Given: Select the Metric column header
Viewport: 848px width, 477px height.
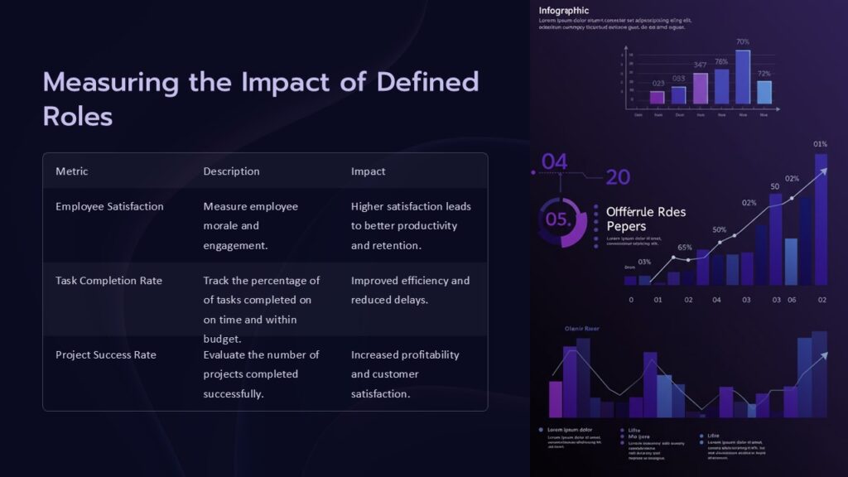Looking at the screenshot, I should [71, 171].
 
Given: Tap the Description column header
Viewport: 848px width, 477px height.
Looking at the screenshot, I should [231, 171].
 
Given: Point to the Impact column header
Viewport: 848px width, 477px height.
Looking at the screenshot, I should [368, 171].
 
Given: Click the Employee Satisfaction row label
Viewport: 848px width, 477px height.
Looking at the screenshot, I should [109, 206].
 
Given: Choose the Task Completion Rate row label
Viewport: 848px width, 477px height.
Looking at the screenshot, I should [108, 281].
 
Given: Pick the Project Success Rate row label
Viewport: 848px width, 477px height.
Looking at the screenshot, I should [105, 355].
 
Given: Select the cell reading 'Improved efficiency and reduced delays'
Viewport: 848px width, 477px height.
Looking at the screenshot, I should [410, 290].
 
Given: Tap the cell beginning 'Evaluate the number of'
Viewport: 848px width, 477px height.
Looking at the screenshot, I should [261, 373].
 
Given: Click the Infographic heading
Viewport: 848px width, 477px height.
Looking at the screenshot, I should [564, 10].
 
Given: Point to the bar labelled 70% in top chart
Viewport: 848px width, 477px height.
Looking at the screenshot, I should [743, 76].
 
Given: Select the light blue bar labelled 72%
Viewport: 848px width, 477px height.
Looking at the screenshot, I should [764, 92].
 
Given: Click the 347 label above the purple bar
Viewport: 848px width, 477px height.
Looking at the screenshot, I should [701, 65].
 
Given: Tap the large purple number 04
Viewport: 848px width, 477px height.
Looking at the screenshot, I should [554, 162].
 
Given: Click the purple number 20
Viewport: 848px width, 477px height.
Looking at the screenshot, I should [618, 177].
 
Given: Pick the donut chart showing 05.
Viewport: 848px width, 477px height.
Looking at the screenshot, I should [561, 220].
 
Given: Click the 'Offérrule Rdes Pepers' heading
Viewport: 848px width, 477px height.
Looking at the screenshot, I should [646, 219].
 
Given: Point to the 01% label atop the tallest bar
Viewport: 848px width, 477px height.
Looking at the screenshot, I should [821, 144].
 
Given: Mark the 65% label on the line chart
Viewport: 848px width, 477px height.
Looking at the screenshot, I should [685, 247].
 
